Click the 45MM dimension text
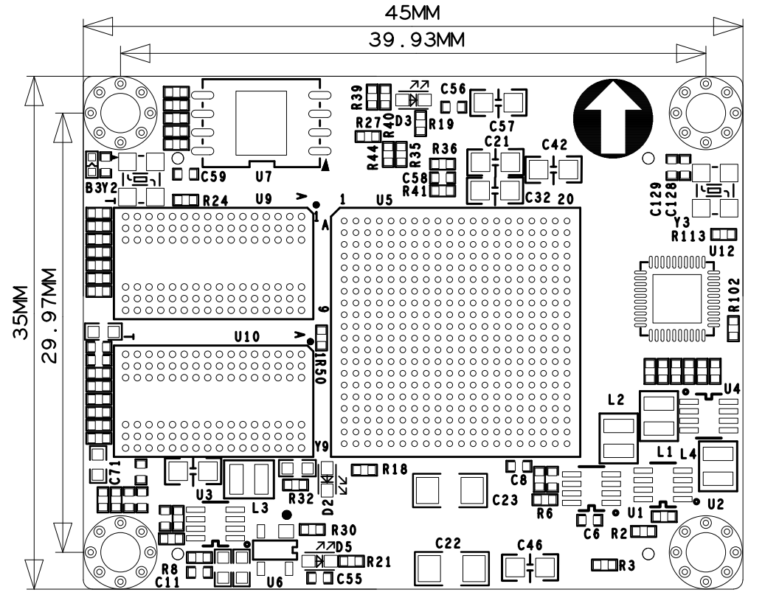point(413,13)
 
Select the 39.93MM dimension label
point(416,40)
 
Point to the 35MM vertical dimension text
point(21,312)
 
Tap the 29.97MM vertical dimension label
point(49,316)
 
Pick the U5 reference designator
point(384,200)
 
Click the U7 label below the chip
point(264,176)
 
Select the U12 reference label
point(722,251)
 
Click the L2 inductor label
point(616,400)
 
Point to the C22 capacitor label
point(448,543)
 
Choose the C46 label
point(530,545)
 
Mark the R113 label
point(688,236)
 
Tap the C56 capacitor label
point(453,89)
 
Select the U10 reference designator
point(247,337)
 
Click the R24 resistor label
point(215,201)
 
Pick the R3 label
point(627,566)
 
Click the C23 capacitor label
point(505,500)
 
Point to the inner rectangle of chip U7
point(261,122)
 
